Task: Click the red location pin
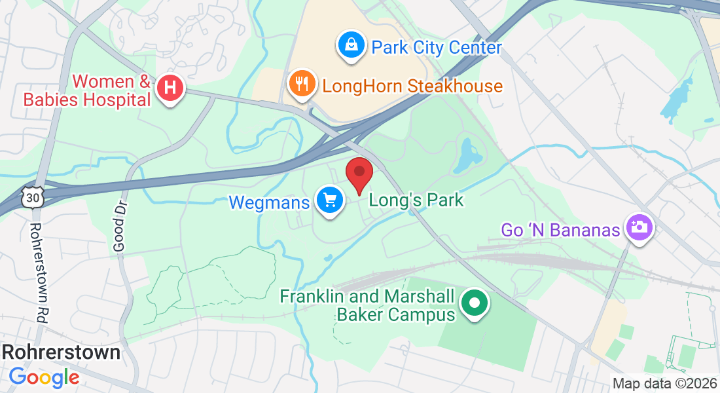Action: click(359, 174)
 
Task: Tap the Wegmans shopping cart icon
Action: click(330, 200)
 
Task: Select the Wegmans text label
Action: click(268, 202)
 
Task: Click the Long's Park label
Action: click(416, 200)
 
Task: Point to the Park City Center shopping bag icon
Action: click(351, 45)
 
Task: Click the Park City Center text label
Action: click(437, 48)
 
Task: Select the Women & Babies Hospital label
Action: click(87, 91)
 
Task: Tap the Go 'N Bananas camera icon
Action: click(639, 227)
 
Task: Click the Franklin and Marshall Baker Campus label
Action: click(367, 305)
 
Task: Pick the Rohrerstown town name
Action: click(61, 352)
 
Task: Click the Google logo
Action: click(44, 377)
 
